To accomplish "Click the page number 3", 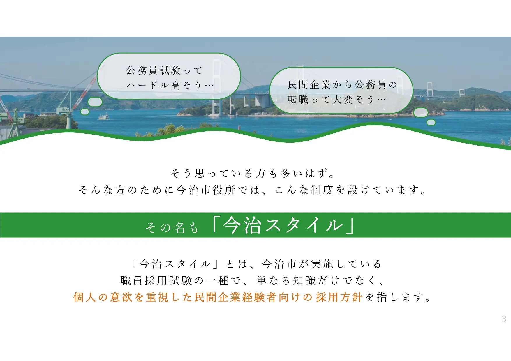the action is pyautogui.click(x=504, y=319).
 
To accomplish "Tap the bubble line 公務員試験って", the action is pyautogui.click(x=164, y=70).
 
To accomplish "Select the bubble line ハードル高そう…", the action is pyautogui.click(x=170, y=85).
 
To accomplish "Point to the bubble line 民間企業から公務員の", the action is pyautogui.click(x=342, y=85).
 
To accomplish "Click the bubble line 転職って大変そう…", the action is pyautogui.click(x=336, y=100).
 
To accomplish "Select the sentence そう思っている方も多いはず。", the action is pyautogui.click(x=252, y=173).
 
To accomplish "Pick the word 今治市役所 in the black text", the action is pyautogui.click(x=206, y=190).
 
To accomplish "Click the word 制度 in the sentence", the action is pyautogui.click(x=322, y=190).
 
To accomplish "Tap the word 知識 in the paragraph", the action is pyautogui.click(x=304, y=280).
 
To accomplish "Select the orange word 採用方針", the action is pyautogui.click(x=339, y=297).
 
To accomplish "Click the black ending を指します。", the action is pyautogui.click(x=398, y=297).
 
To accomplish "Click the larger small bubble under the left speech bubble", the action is pyautogui.click(x=95, y=102).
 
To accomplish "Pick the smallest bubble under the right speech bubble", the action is pyautogui.click(x=431, y=122).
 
